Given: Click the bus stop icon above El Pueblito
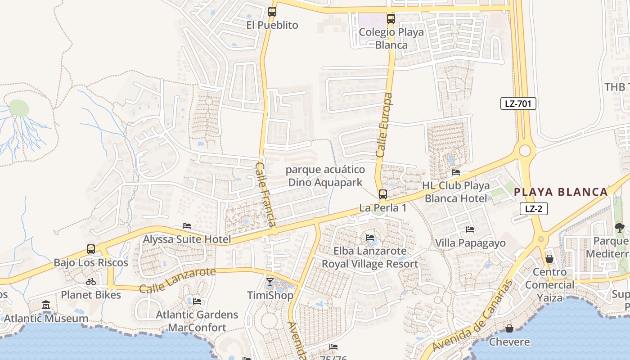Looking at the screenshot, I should point(272,12).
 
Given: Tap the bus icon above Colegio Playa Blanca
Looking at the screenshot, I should point(391,19).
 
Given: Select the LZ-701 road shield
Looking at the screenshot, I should point(518,104).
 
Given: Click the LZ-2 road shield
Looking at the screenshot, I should point(533,209).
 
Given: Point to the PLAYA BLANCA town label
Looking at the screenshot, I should point(561,192).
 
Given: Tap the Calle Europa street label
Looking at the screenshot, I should point(384,125).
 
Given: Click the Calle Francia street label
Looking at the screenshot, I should point(265,194).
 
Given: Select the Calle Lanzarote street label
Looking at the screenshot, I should point(177,280).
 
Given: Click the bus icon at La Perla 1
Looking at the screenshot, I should point(382,194).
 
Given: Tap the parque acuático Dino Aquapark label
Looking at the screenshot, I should point(325,176).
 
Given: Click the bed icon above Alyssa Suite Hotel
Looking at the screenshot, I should point(187,226).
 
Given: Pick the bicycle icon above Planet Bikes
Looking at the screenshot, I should point(91,282).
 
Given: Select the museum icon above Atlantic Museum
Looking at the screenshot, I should point(46,306).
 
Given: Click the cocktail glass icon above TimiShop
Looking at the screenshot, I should point(270,282).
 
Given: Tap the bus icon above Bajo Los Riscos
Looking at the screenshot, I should point(91,249).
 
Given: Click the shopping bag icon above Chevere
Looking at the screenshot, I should point(509,329).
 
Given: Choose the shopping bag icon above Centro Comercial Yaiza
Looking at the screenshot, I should point(549,259).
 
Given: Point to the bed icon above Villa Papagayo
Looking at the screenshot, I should point(470,229).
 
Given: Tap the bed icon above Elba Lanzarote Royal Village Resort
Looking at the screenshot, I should point(370,238).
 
